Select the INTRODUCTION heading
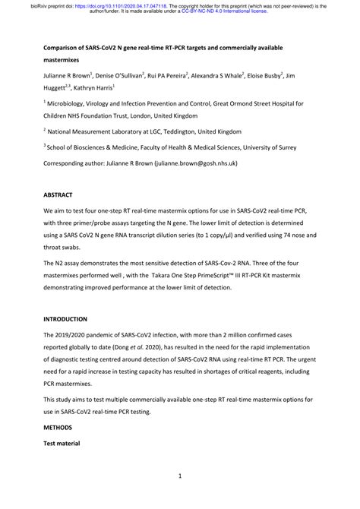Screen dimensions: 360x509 coord(65,319)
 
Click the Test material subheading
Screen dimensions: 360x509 coord(65,443)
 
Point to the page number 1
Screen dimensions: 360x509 coord(180,476)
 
